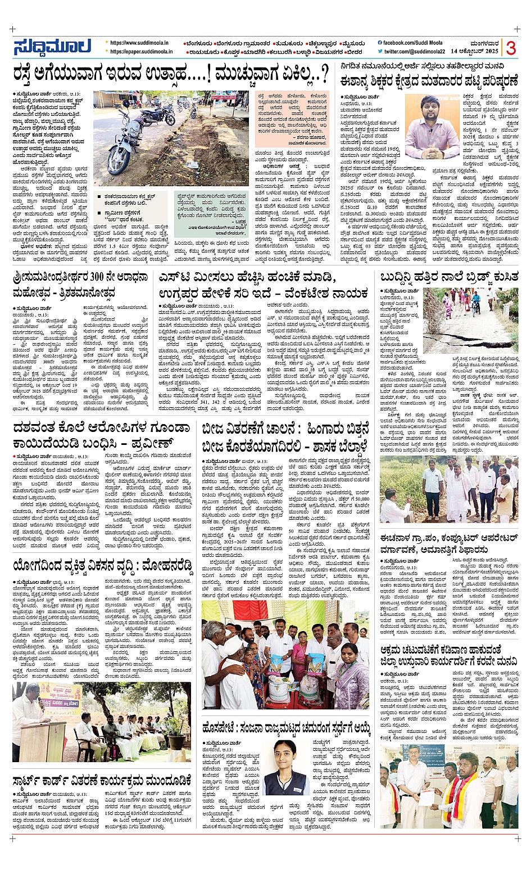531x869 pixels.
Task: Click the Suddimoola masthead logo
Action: pos(56,48)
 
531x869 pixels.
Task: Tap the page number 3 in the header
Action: pos(510,48)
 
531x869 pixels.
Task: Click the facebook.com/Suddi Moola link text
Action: pos(413,43)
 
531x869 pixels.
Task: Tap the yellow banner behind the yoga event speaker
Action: pos(63,696)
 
